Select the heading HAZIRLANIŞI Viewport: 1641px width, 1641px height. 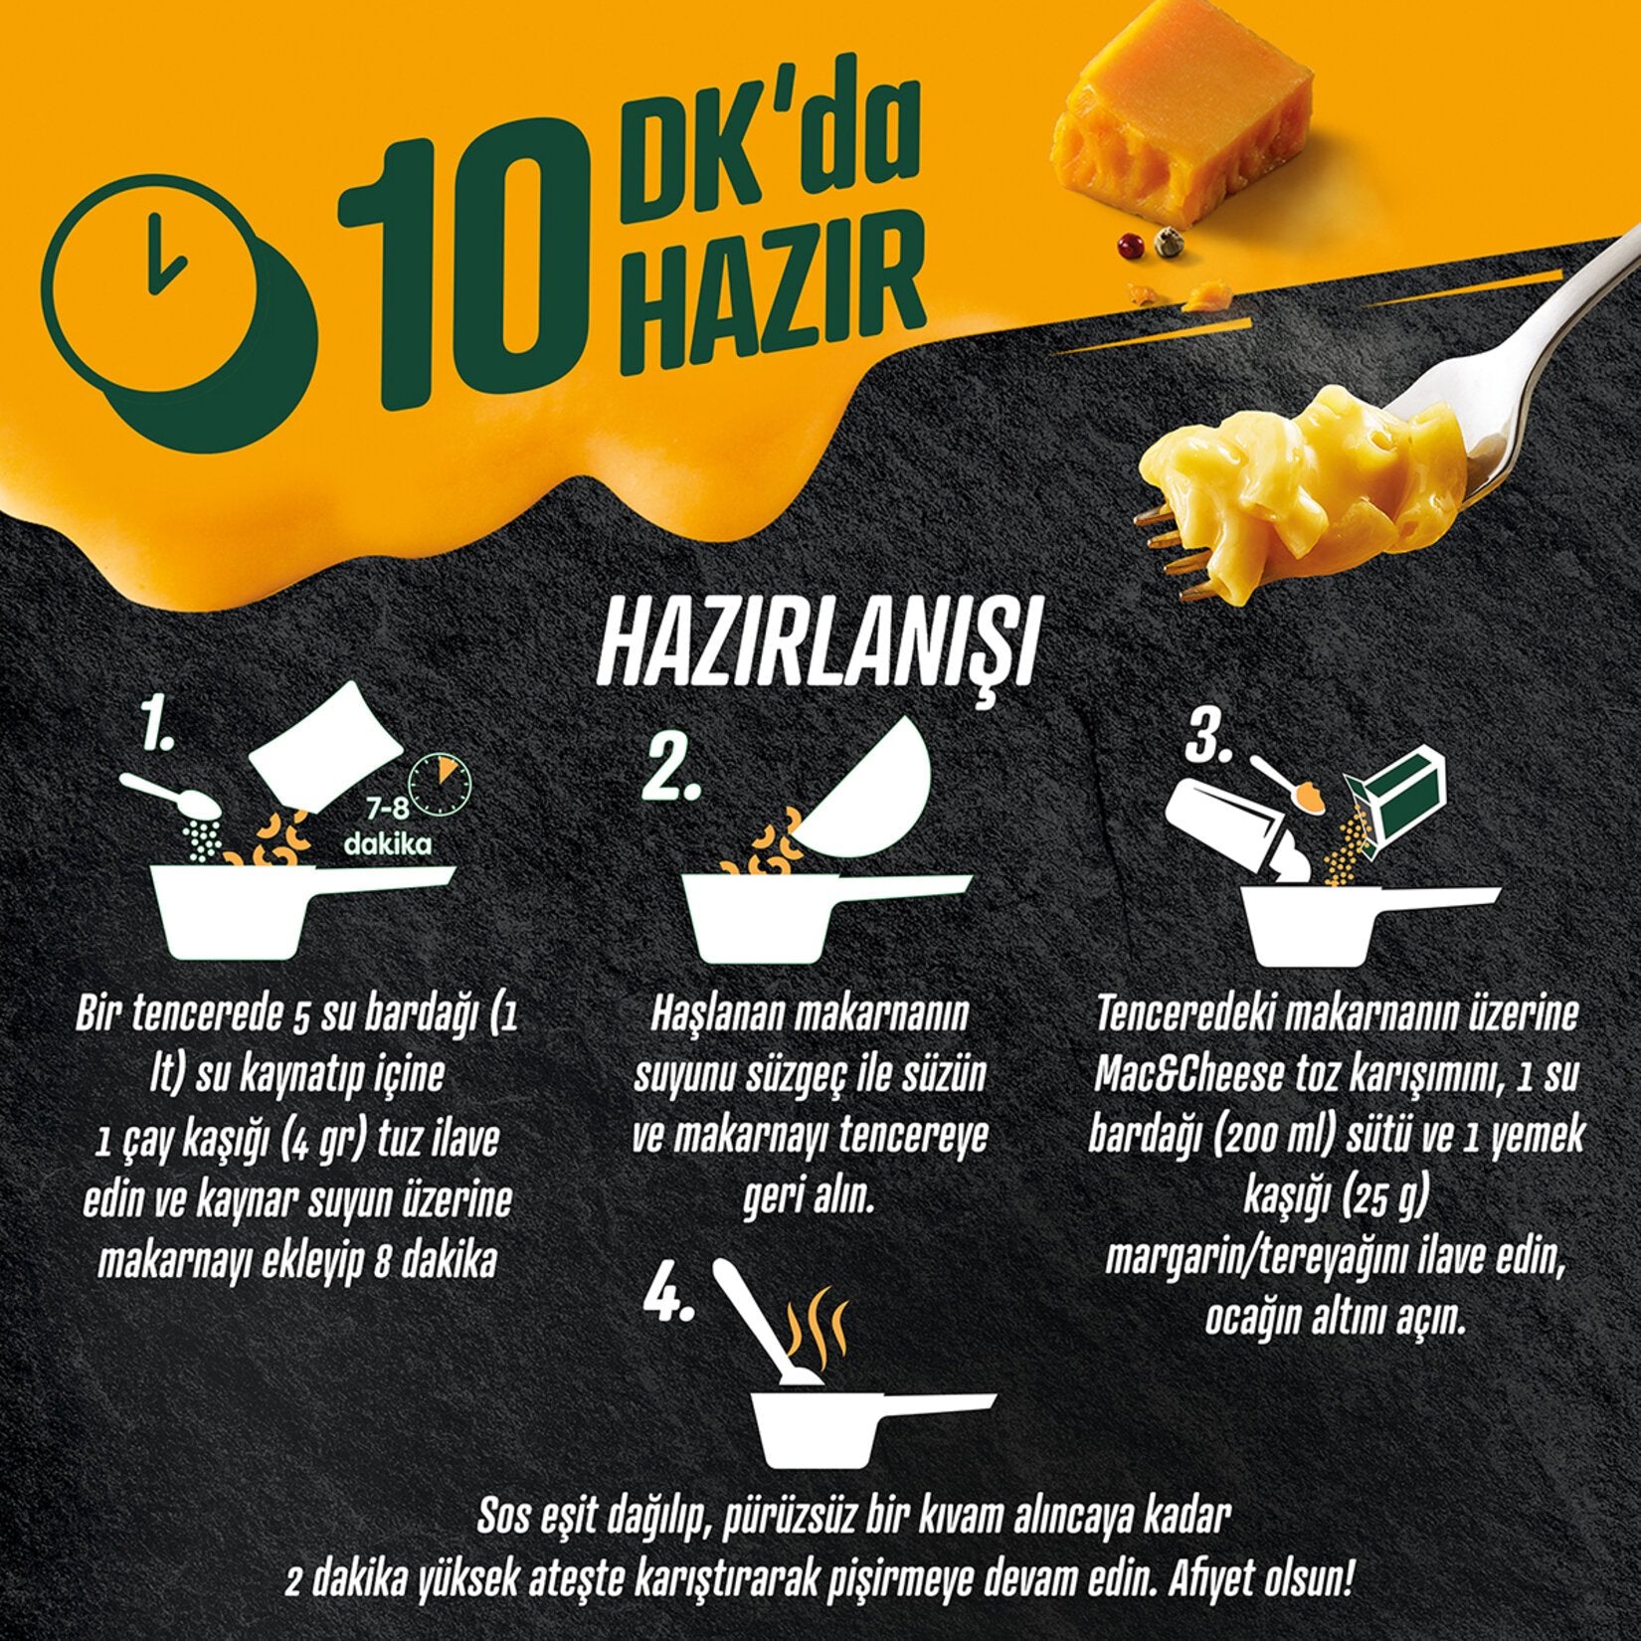coord(816,651)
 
